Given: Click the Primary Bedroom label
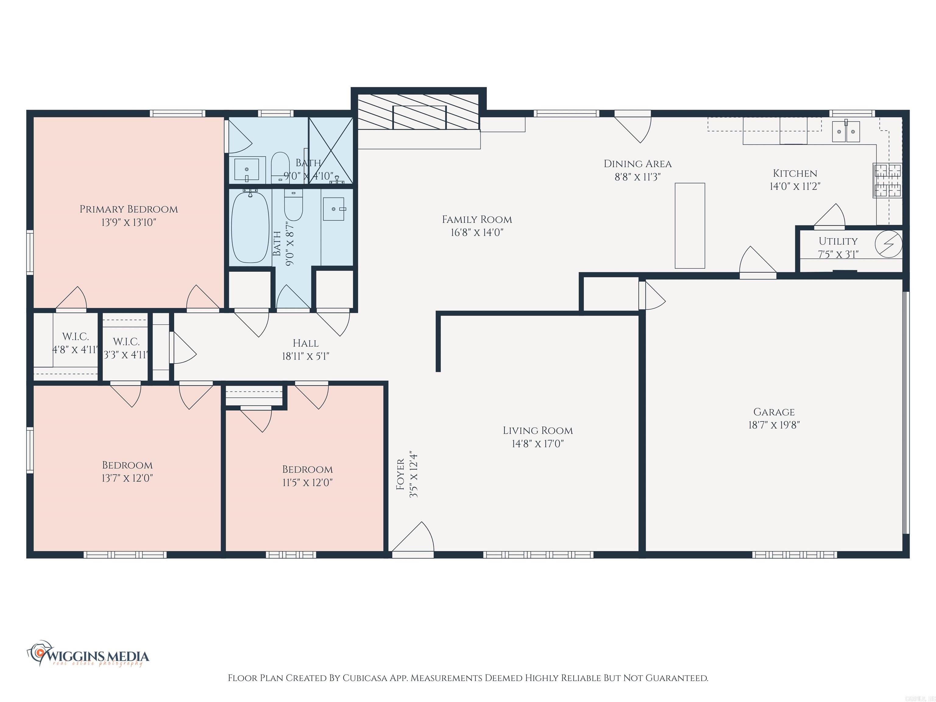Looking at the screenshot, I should click(129, 209).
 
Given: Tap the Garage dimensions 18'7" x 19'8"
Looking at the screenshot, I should click(774, 425).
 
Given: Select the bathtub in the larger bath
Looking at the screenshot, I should click(250, 227).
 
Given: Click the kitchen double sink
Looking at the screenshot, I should click(846, 132).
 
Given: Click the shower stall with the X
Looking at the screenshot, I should click(331, 151).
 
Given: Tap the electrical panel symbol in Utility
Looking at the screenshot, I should click(888, 244).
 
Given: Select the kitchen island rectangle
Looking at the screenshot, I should click(690, 225).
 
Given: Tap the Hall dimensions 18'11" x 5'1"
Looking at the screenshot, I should click(306, 356).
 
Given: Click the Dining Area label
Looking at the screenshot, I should click(637, 164).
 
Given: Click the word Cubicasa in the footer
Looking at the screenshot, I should click(365, 678).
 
